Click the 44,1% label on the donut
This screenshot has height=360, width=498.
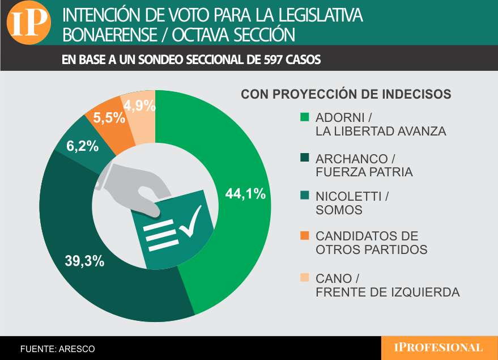click(x=245, y=193)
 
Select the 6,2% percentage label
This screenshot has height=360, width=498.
click(x=82, y=146)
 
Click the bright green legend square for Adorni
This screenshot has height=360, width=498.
click(x=305, y=118)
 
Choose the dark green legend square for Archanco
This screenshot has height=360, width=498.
click(x=305, y=158)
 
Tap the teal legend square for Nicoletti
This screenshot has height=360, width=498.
click(x=305, y=196)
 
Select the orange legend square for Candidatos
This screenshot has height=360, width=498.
click(x=305, y=235)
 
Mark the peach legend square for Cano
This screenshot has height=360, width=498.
click(x=305, y=277)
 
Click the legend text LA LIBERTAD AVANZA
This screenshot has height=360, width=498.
click(x=381, y=132)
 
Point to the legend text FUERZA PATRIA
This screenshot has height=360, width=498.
click(x=364, y=172)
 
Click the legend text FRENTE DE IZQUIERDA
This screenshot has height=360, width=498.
click(x=387, y=293)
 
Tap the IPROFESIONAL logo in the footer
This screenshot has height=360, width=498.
click(x=439, y=348)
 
